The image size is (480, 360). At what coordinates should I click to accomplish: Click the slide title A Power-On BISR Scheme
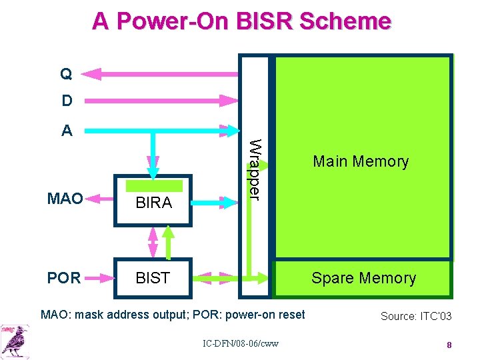pyautogui.click(x=241, y=21)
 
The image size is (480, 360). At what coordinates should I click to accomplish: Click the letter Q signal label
pyautogui.click(x=67, y=73)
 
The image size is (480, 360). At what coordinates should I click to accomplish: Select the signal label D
pyautogui.click(x=67, y=101)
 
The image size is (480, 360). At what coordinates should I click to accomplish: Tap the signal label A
pyautogui.click(x=67, y=130)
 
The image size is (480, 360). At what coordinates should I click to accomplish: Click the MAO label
pyautogui.click(x=65, y=199)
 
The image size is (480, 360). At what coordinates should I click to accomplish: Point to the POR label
pyautogui.click(x=64, y=278)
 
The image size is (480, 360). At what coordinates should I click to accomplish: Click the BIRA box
pyautogui.click(x=153, y=201)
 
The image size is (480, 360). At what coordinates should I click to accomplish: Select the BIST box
pyautogui.click(x=153, y=278)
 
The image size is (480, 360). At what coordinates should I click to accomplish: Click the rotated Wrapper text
pyautogui.click(x=254, y=168)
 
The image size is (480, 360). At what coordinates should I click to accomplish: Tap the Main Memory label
pyautogui.click(x=361, y=161)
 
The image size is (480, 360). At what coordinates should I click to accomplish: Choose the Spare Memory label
pyautogui.click(x=363, y=278)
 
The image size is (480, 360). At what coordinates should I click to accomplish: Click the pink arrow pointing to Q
pyautogui.click(x=160, y=73)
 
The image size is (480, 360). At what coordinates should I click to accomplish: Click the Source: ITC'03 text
pyautogui.click(x=415, y=316)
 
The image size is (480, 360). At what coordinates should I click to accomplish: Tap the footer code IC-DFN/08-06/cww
pyautogui.click(x=241, y=343)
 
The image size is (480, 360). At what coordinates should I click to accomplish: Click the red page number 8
pyautogui.click(x=449, y=345)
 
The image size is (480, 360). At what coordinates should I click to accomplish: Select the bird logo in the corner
pyautogui.click(x=15, y=339)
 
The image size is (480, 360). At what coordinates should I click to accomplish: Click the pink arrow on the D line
pyautogui.click(x=160, y=101)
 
